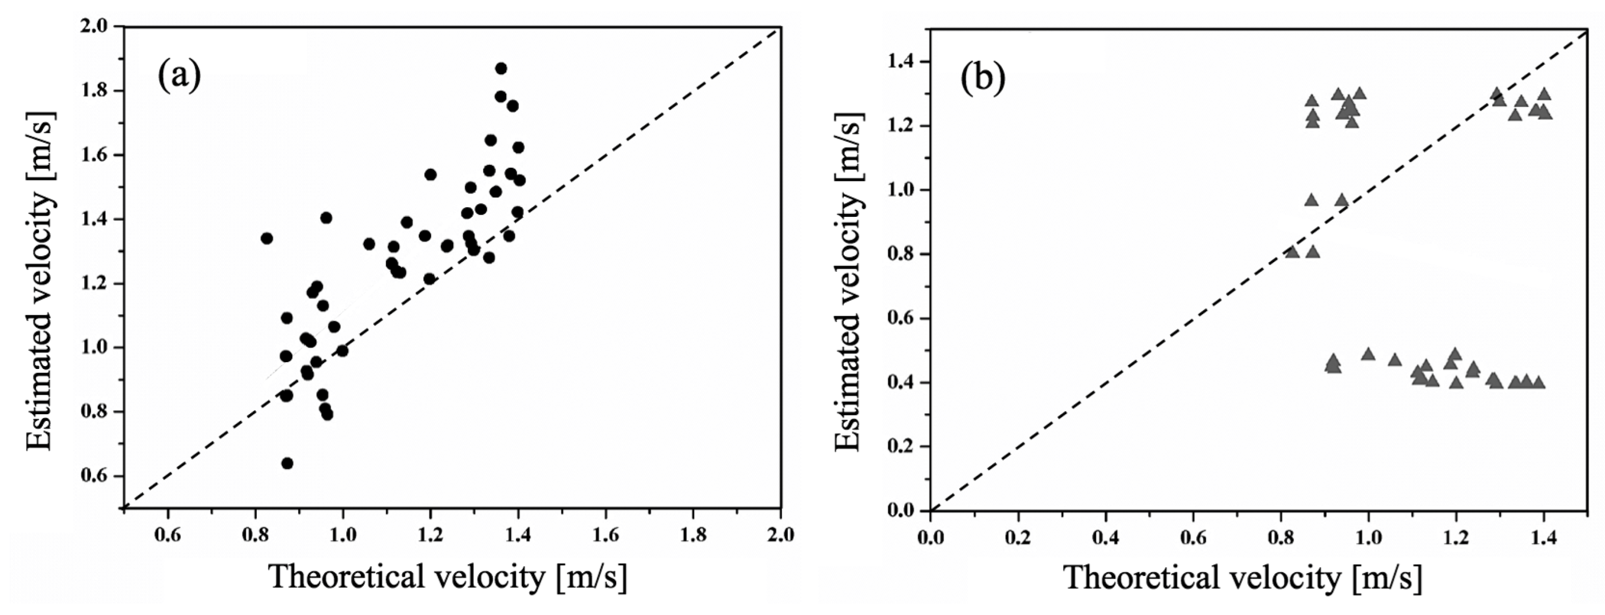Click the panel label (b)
(x=983, y=79)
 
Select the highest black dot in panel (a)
(x=501, y=69)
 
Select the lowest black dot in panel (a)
(x=287, y=463)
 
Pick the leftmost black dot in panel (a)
(x=267, y=238)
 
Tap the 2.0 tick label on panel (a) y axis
(x=94, y=27)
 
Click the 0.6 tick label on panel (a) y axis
(x=94, y=476)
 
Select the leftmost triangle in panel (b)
(x=1292, y=252)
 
